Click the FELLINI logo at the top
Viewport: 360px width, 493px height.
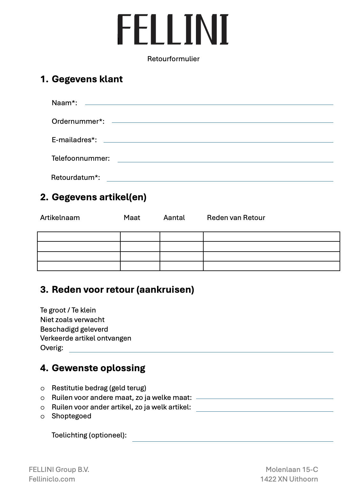tap(173, 29)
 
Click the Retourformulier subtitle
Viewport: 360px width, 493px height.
tap(173, 59)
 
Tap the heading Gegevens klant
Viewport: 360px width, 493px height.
tap(87, 79)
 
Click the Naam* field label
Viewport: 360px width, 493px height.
tap(64, 103)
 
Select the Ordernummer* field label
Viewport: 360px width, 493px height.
tap(78, 121)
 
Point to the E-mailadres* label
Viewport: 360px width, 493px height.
tap(74, 140)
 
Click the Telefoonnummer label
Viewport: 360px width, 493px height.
tap(81, 158)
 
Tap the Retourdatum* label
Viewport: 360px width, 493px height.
tap(76, 177)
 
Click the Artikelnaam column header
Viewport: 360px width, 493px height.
tap(60, 217)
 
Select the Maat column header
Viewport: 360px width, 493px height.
tap(132, 217)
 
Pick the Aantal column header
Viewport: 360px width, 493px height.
tap(174, 217)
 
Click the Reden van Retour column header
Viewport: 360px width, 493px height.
tap(236, 217)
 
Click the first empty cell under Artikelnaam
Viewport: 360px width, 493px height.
tap(79, 237)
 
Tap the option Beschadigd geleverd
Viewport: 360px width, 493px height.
tap(74, 329)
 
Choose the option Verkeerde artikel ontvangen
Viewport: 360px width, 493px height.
tap(86, 338)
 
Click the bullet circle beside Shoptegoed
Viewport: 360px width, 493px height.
tap(42, 417)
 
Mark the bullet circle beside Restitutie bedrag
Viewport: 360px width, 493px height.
tap(42, 389)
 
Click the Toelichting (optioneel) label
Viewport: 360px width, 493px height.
tap(89, 435)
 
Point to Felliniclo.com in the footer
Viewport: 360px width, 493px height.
tap(52, 479)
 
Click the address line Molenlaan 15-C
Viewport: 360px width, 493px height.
tap(292, 469)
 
